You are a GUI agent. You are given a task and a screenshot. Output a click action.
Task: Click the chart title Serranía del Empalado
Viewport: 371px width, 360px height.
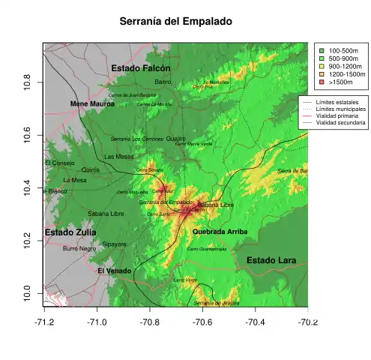click(x=176, y=22)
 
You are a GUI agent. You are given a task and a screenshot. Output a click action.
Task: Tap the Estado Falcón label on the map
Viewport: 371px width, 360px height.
click(x=141, y=68)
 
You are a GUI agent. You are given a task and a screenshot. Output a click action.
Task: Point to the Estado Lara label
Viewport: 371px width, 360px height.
click(x=271, y=260)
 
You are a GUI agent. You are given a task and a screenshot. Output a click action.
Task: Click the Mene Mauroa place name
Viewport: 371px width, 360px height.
click(x=92, y=103)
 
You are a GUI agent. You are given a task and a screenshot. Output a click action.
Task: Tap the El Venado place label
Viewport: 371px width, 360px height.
click(x=115, y=270)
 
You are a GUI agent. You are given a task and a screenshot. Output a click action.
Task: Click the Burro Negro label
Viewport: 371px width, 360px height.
click(x=79, y=248)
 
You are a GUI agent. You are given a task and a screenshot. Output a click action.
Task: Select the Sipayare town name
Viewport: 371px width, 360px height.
click(x=115, y=244)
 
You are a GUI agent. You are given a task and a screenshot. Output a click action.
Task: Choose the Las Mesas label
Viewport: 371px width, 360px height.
click(x=119, y=157)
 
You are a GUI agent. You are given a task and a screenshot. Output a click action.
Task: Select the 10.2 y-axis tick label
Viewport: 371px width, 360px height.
click(x=27, y=238)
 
